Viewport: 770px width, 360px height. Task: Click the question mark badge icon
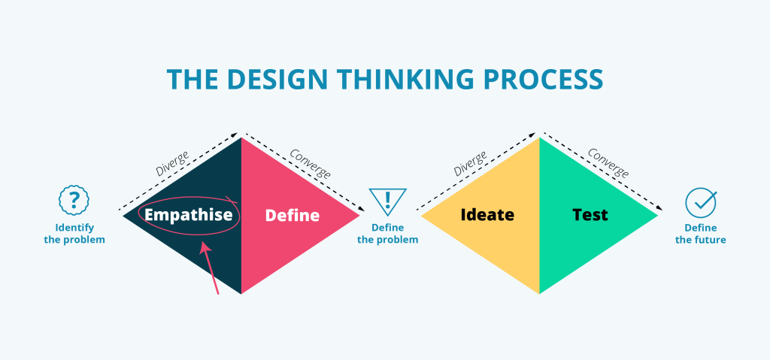pyautogui.click(x=74, y=201)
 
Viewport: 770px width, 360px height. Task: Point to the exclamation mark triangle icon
pyautogui.click(x=387, y=201)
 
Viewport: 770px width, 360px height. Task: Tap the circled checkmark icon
pyautogui.click(x=700, y=202)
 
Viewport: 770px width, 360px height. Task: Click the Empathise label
pyautogui.click(x=189, y=215)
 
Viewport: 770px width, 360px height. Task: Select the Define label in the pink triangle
pyautogui.click(x=293, y=216)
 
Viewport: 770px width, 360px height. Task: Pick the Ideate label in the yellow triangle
pyautogui.click(x=487, y=215)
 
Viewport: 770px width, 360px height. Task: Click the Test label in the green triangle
pyautogui.click(x=590, y=215)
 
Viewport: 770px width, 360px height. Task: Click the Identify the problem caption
pyautogui.click(x=74, y=234)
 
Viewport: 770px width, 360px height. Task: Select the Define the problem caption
pyautogui.click(x=387, y=234)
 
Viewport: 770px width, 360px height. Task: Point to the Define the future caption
pyautogui.click(x=700, y=234)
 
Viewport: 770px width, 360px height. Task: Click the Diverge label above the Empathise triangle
pyautogui.click(x=171, y=163)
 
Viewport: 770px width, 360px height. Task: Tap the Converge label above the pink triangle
pyautogui.click(x=310, y=163)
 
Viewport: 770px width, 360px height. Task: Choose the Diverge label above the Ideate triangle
pyautogui.click(x=469, y=163)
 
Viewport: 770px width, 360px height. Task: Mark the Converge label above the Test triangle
pyautogui.click(x=608, y=163)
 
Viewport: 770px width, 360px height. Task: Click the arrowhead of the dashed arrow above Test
pyautogui.click(x=662, y=208)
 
